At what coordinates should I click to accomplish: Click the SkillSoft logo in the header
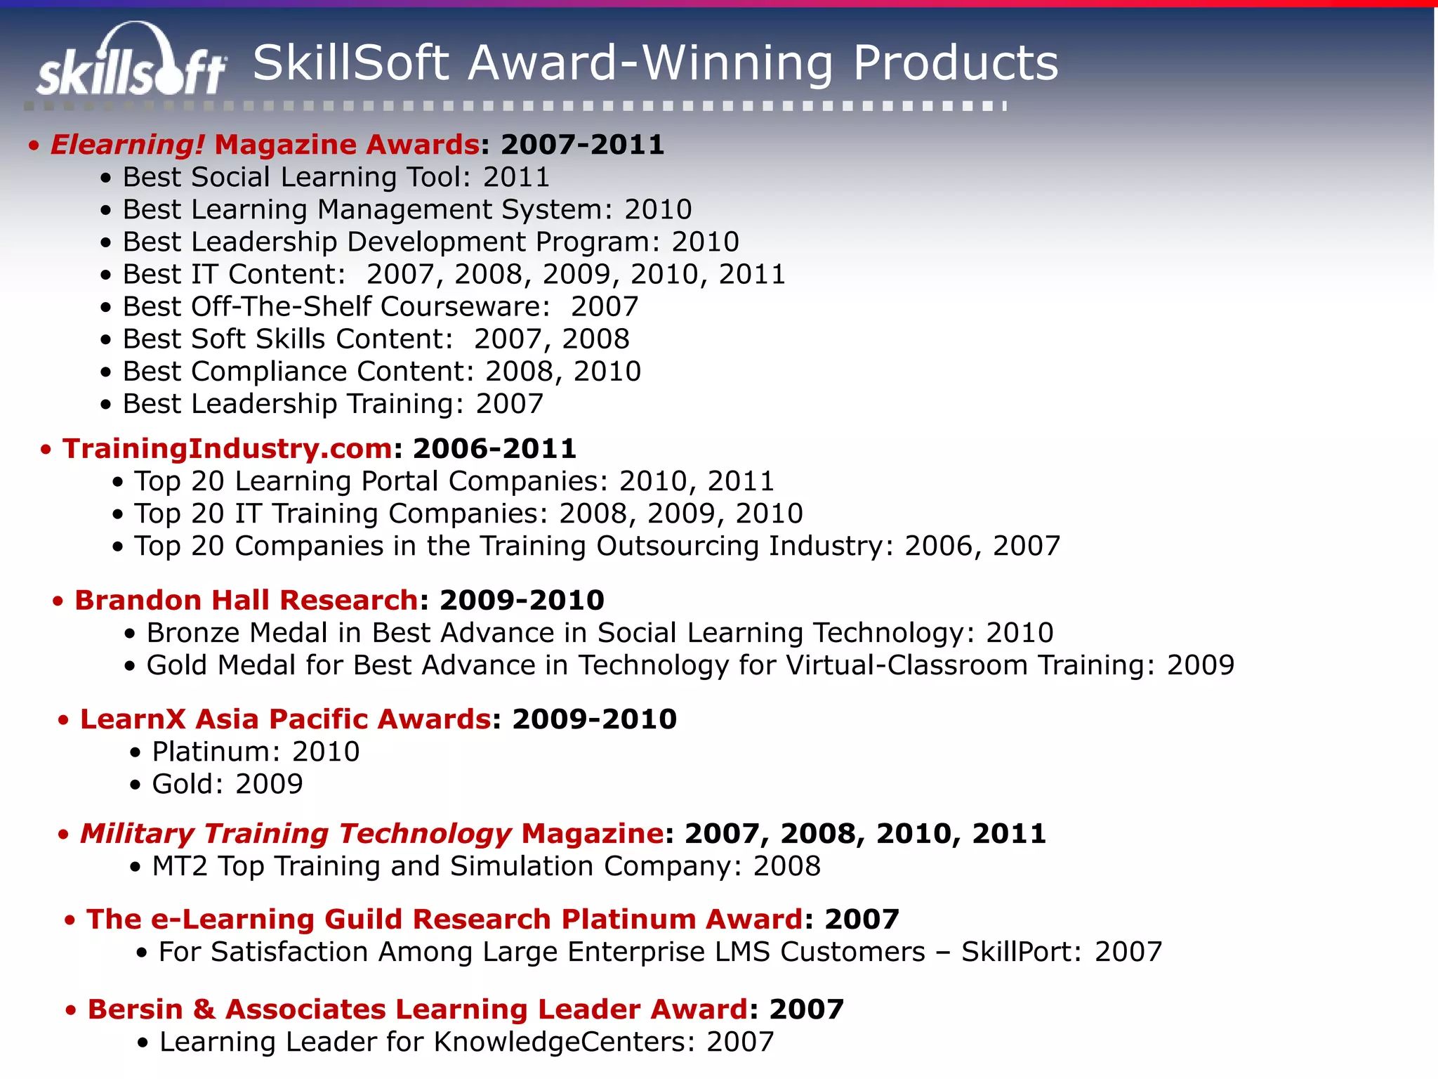132,62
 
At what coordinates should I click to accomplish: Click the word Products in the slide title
955,63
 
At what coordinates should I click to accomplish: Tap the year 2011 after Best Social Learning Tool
517,177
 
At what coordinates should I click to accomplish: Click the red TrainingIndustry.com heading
227,448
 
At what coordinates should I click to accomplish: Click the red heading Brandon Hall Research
246,600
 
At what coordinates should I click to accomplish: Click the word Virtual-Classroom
906,665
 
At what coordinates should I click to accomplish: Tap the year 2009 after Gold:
269,784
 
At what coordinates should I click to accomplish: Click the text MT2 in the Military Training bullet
180,866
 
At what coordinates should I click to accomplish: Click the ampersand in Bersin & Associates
204,1009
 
